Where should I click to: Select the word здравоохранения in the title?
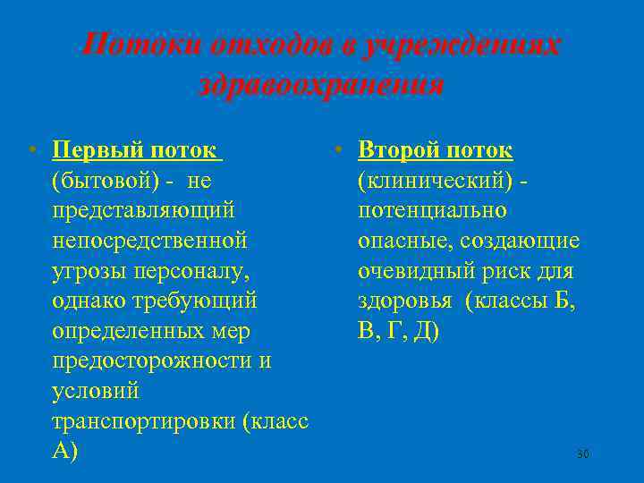(321, 85)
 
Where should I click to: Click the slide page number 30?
(582, 454)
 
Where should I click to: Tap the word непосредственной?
(148, 240)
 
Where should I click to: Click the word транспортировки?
(144, 421)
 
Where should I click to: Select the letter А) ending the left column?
(65, 452)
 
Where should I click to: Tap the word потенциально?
(431, 209)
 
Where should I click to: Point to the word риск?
(501, 270)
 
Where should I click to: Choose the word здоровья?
(406, 301)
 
